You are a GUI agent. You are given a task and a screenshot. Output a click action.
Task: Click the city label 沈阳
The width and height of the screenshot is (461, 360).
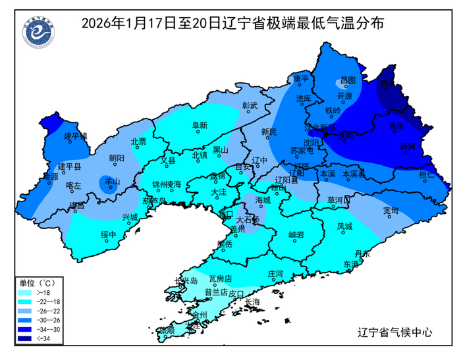tap(312, 142)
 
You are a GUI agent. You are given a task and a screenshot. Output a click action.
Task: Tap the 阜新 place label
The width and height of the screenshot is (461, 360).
tap(200, 126)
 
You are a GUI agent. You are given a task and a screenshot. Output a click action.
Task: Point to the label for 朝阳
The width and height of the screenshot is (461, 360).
tap(116, 157)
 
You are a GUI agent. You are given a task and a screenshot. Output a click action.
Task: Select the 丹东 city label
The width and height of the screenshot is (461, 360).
tap(362, 253)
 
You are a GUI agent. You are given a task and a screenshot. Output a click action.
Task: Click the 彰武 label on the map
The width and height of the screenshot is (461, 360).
tap(252, 105)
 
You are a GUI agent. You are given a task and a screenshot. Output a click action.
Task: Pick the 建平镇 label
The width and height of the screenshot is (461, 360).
tap(76, 136)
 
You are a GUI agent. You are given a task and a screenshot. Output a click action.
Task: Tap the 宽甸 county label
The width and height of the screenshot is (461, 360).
tap(391, 211)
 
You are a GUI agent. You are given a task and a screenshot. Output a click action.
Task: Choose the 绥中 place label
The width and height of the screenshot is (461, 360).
tap(108, 234)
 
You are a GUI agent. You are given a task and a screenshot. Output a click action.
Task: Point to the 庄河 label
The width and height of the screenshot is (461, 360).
tap(275, 272)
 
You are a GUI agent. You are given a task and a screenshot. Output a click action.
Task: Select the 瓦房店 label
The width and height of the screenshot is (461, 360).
tap(221, 280)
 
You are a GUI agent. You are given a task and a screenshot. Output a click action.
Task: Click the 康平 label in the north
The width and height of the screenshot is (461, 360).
tap(301, 79)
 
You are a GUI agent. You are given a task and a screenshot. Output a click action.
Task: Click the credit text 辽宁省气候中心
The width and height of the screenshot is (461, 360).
tap(394, 332)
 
